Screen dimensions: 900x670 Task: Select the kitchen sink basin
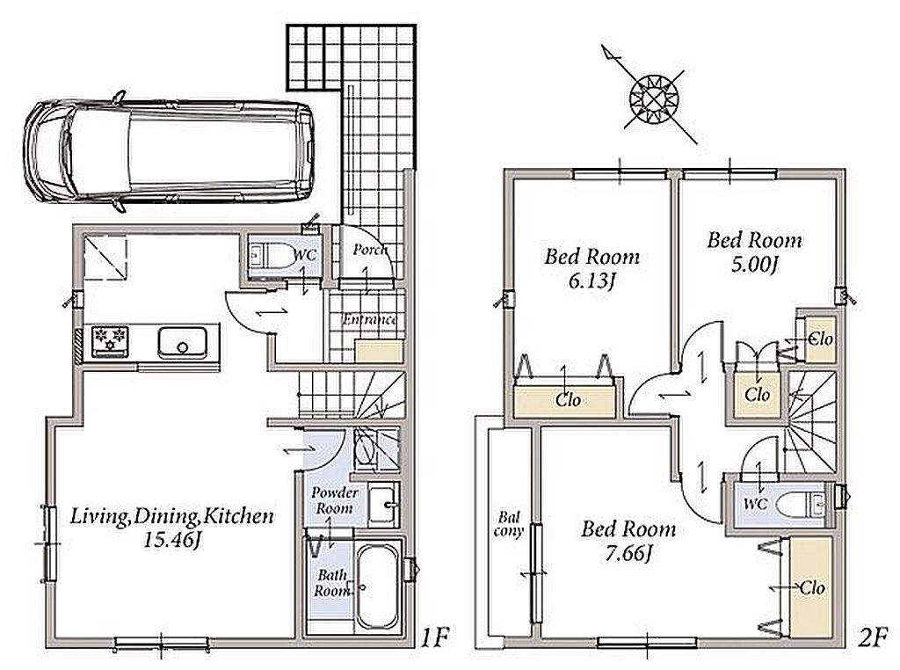(182, 343)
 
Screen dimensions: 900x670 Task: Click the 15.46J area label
(171, 541)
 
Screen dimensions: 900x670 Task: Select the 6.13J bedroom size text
(592, 281)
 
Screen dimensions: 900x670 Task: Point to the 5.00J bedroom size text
(754, 265)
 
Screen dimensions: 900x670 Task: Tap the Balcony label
(509, 524)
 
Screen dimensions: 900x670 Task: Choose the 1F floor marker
(435, 637)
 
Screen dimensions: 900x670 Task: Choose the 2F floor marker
(873, 637)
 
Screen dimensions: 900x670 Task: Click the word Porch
(370, 250)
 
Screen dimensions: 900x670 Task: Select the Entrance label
(370, 319)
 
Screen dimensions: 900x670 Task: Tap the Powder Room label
(335, 500)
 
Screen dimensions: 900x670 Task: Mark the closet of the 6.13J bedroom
(567, 400)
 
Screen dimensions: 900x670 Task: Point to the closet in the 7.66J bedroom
(811, 587)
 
